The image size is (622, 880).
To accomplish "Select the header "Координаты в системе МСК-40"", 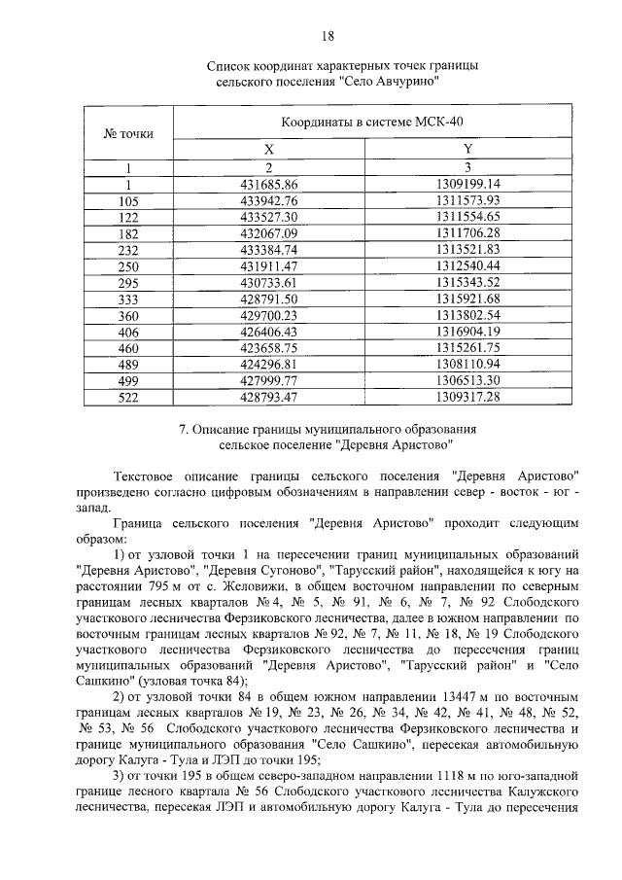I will (370, 124).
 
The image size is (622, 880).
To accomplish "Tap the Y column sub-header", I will (467, 149).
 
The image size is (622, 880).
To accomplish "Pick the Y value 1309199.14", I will (467, 183).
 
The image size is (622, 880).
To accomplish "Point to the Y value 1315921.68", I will (467, 299).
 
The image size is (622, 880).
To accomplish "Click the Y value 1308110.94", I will (467, 365).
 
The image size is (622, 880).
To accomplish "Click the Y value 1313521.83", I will (467, 249).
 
